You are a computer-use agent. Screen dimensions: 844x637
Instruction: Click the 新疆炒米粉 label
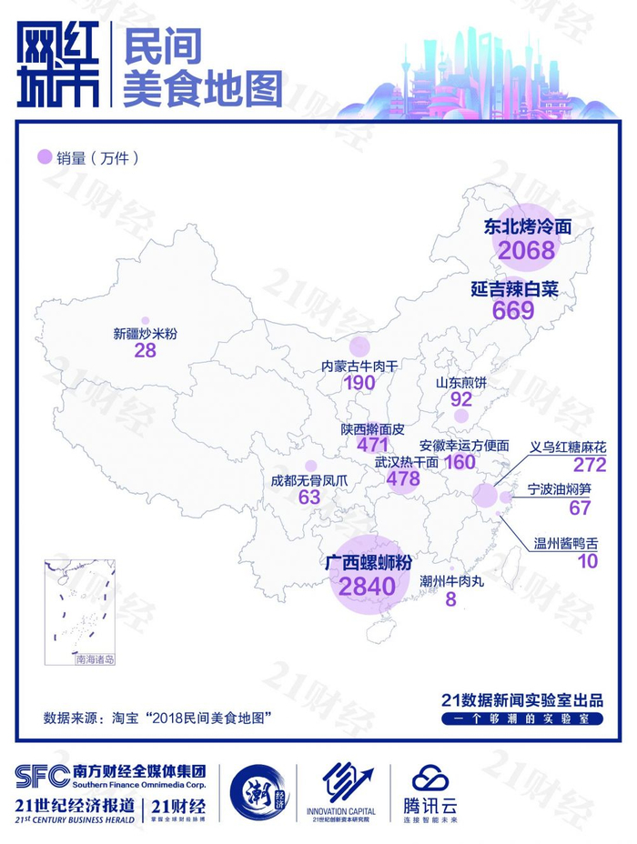point(145,334)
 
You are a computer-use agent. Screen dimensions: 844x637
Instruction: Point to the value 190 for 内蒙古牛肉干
point(360,383)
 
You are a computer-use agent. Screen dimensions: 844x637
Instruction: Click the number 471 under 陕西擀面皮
point(373,445)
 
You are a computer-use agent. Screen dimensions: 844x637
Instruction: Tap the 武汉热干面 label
point(407,462)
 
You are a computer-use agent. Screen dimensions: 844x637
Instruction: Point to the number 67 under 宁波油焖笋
point(580,507)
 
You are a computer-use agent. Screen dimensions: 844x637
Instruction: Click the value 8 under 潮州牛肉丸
point(450,599)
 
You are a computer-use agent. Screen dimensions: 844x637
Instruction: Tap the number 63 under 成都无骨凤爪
point(309,497)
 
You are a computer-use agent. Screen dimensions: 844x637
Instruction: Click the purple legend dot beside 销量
point(43,158)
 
